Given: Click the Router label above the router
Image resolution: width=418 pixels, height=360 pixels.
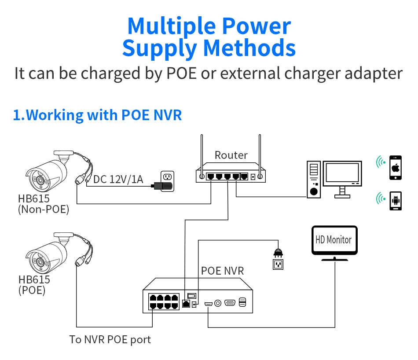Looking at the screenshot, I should coord(231,155).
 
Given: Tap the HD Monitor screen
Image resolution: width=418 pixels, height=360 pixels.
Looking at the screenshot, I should coord(334,240).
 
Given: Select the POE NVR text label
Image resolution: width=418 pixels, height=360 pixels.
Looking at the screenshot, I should coord(222,270).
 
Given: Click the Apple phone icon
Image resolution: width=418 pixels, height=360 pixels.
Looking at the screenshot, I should coord(396,167).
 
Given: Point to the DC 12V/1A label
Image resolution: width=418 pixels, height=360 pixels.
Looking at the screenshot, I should coord(118,179).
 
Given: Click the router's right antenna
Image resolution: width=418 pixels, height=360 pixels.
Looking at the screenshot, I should coord(260,152).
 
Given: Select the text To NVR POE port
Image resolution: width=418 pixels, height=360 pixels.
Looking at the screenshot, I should coord(110,339).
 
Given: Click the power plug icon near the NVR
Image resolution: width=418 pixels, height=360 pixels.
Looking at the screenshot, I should coord(278,252).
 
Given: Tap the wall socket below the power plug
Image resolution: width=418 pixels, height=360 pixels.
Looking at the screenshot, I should coord(278,264).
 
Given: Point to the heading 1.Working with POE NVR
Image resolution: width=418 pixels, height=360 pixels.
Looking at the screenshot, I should coord(97,115).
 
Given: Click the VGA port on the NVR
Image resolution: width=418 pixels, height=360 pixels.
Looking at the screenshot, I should coord(230,302).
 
